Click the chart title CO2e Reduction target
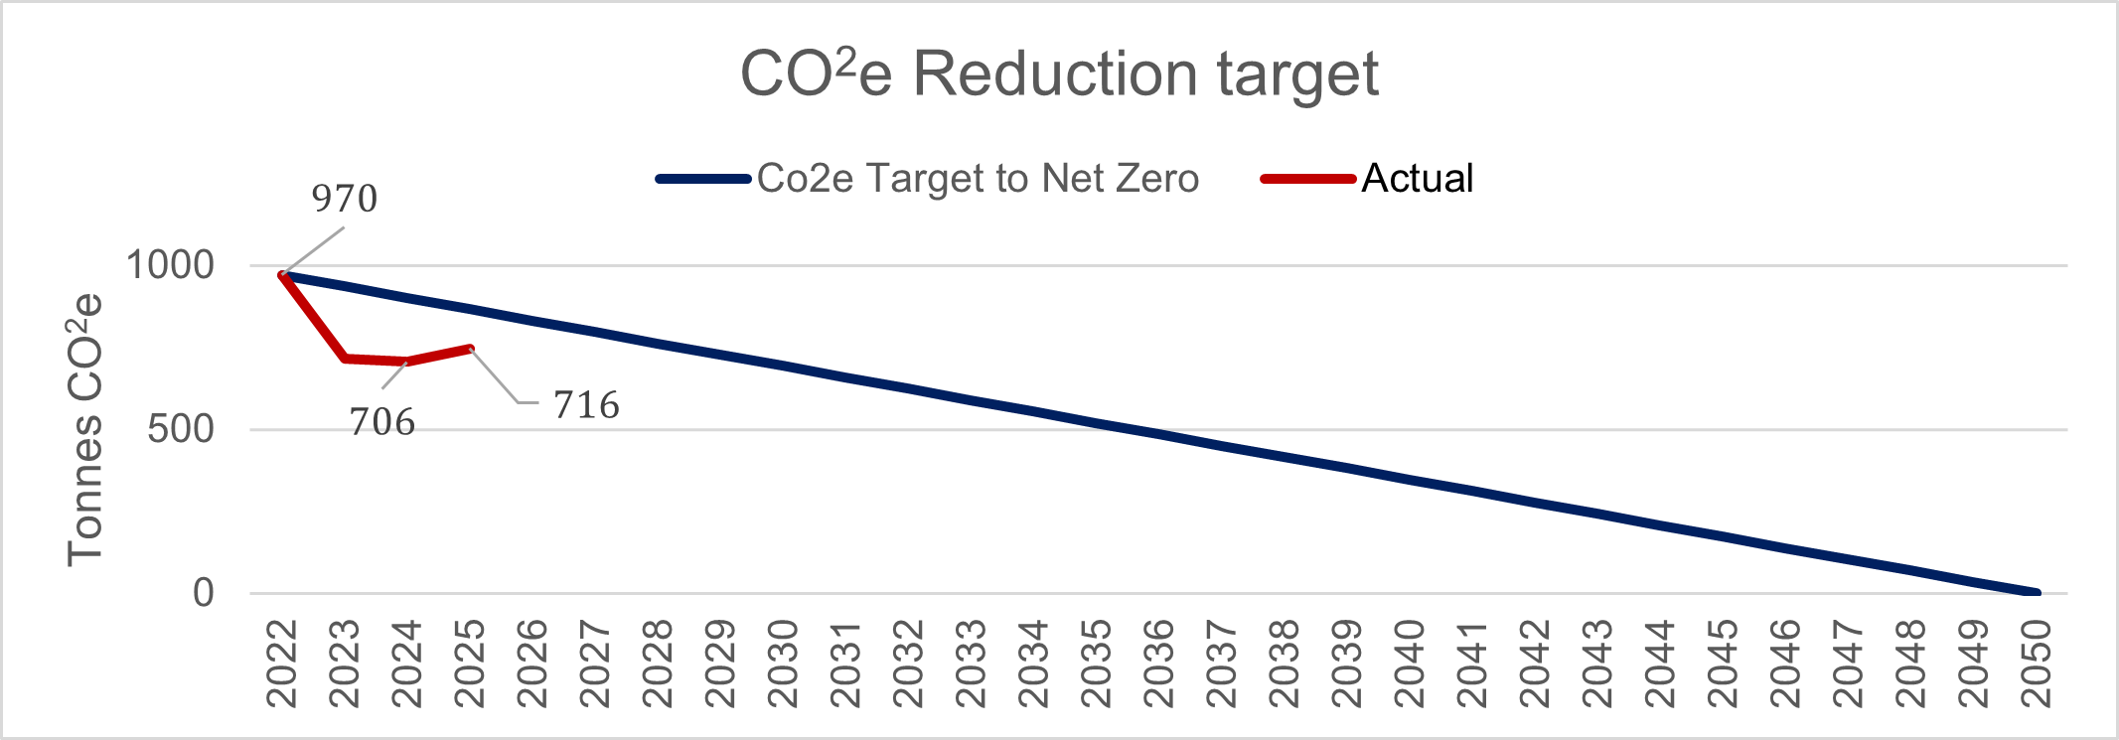(1059, 74)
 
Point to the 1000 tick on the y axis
(170, 265)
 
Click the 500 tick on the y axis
(180, 429)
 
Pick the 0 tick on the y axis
(203, 593)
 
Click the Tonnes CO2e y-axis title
(85, 429)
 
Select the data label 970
(344, 200)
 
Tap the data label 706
(381, 423)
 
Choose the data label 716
(586, 405)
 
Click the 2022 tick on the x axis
(283, 664)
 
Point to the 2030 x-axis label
(784, 664)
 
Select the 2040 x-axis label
(1410, 664)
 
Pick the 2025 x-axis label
(471, 664)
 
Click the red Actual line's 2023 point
(345, 358)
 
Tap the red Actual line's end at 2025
(471, 349)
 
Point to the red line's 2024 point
(407, 362)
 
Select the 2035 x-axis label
(1097, 664)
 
